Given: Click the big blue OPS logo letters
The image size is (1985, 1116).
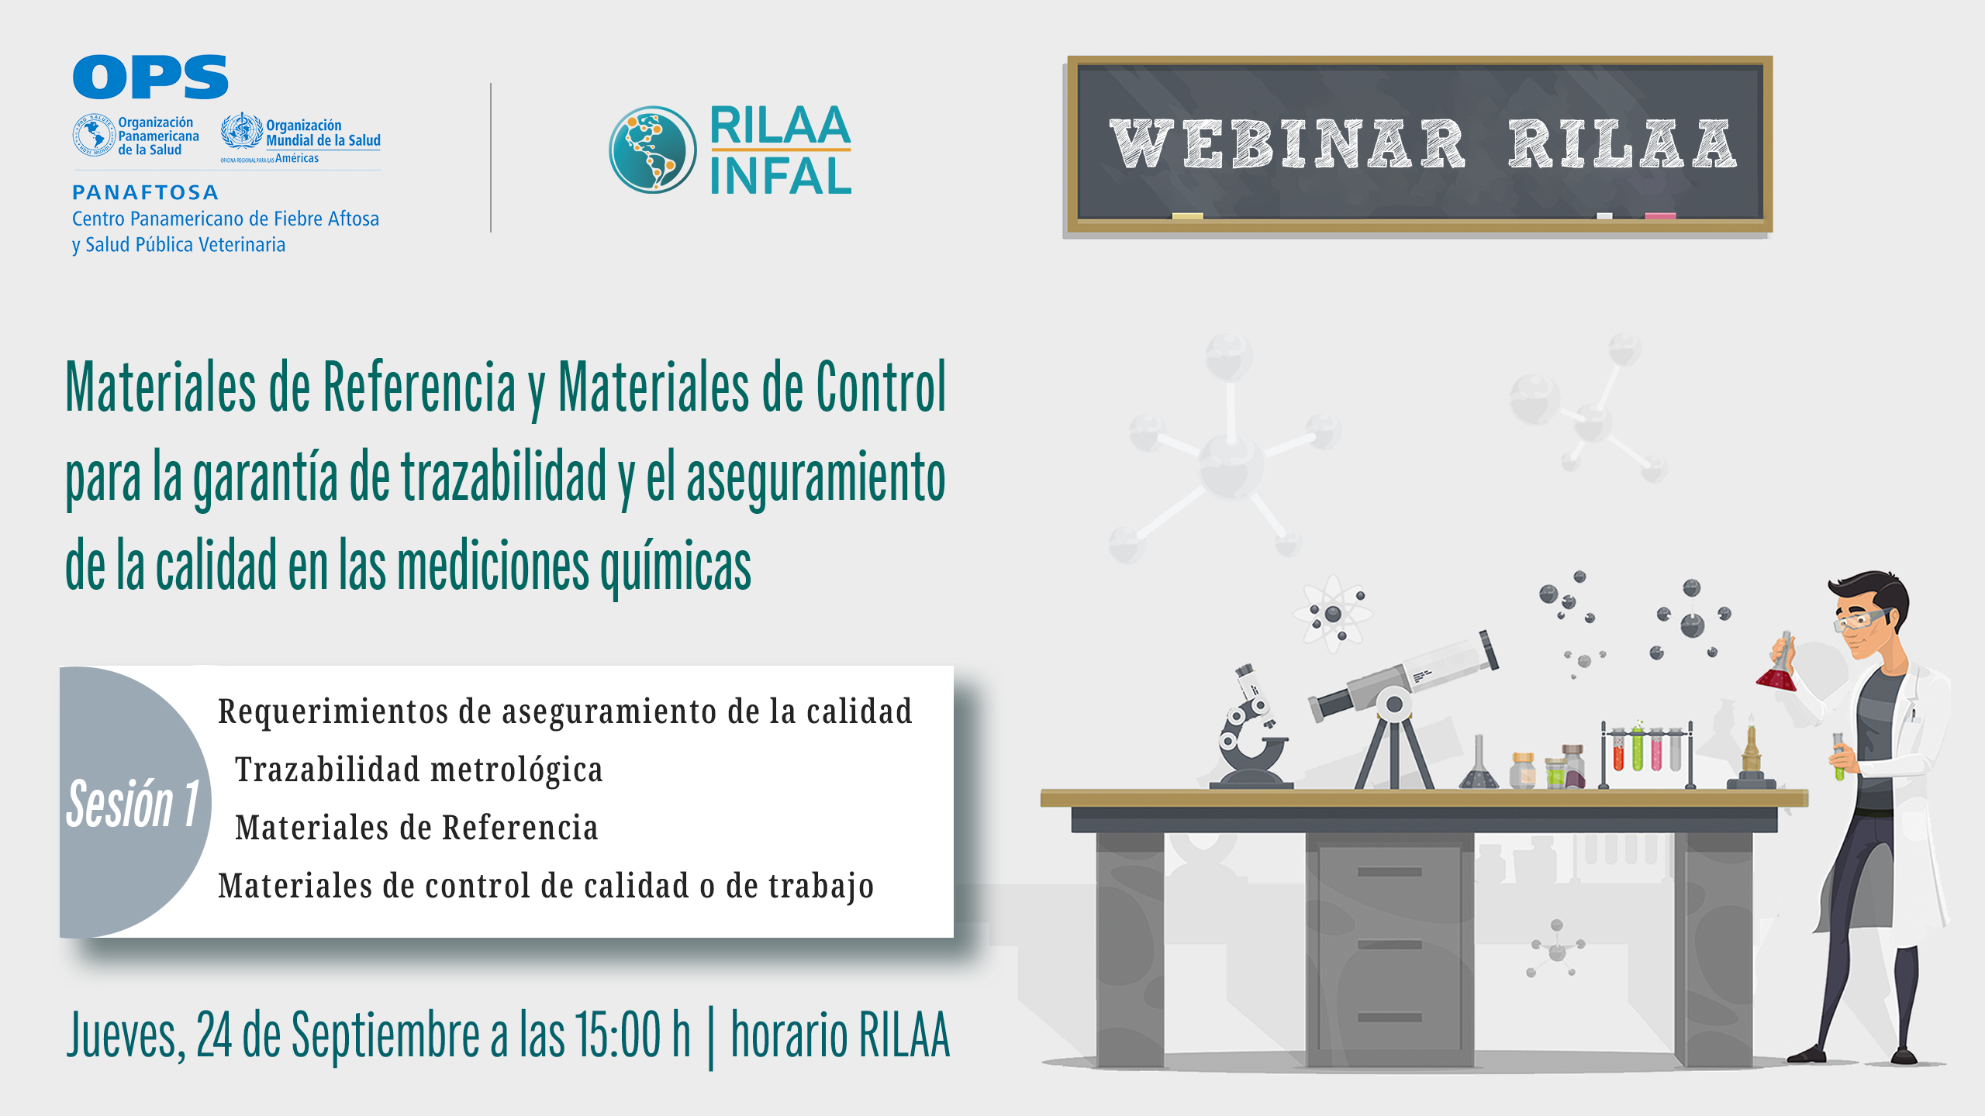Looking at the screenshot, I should click(150, 77).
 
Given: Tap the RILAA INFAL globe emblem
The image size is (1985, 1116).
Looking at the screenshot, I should click(652, 150).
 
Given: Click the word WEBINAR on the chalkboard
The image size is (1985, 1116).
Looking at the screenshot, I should click(1287, 144).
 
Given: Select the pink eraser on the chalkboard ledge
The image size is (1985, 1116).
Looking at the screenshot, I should click(1660, 216).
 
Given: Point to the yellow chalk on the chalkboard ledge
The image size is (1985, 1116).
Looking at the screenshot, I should click(1187, 216).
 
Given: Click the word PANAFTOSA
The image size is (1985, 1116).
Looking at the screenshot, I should click(145, 192).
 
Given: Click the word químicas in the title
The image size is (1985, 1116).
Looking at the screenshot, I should click(675, 566).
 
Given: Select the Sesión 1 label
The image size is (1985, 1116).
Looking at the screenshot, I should click(133, 804).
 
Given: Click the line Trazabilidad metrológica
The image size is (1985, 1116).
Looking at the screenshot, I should click(419, 770).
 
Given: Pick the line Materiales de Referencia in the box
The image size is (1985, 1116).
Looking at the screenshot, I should click(416, 828).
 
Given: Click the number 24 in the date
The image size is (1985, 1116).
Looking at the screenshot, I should click(214, 1035).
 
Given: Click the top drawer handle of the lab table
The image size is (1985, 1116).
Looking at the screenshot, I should click(1389, 872).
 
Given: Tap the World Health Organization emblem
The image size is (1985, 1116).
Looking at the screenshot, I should click(242, 132).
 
